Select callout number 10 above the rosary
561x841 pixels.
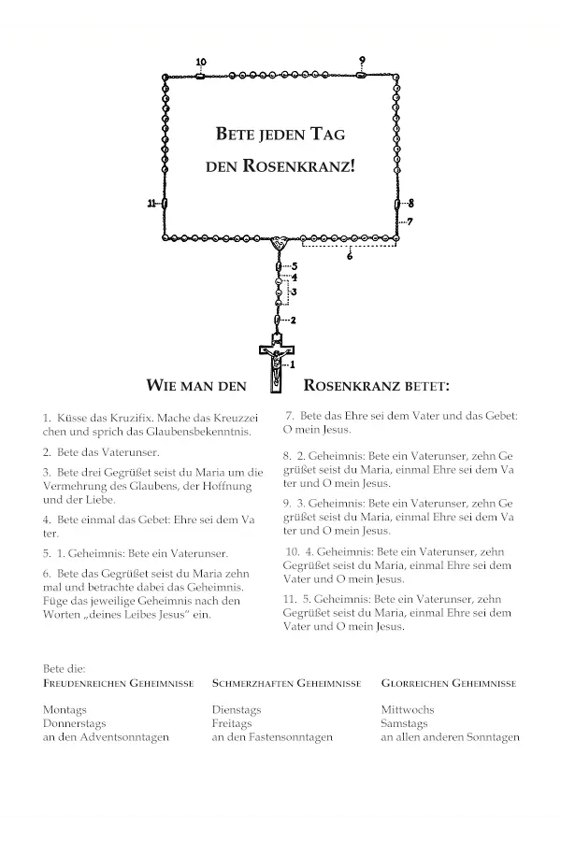[201, 62]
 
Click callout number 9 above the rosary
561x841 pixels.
[362, 61]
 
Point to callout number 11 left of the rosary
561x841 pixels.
[151, 204]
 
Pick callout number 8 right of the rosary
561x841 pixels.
[410, 203]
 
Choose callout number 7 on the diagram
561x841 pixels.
[410, 221]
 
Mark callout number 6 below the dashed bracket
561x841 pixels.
[350, 255]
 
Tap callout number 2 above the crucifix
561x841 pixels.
[293, 321]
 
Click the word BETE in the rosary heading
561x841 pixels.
[235, 134]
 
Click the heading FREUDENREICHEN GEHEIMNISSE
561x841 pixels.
[119, 683]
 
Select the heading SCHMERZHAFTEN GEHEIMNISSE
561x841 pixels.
[286, 683]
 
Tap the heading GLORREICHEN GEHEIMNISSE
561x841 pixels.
[449, 683]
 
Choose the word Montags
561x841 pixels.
[65, 710]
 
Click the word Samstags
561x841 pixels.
[404, 723]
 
